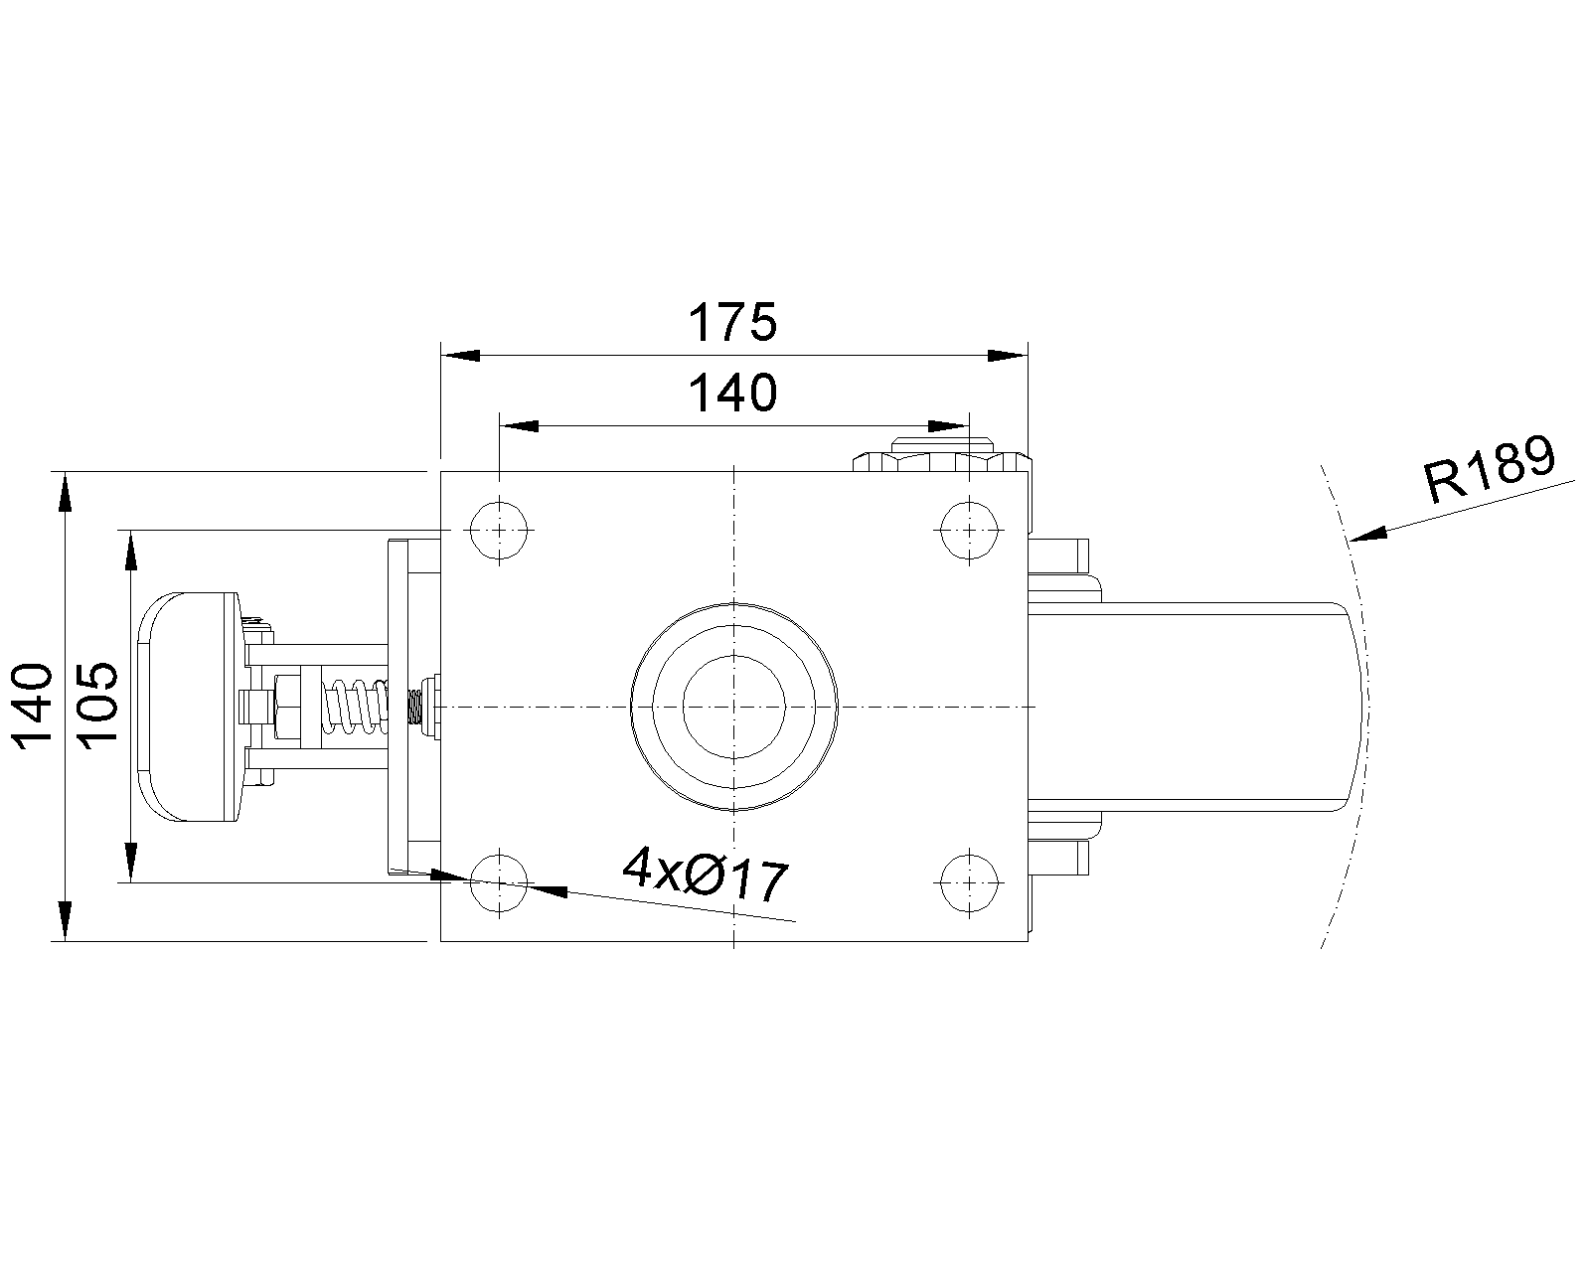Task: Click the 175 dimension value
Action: pyautogui.click(x=732, y=322)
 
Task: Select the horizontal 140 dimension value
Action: pyautogui.click(x=732, y=393)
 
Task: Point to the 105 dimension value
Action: pyautogui.click(x=97, y=707)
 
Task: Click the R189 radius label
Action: pyautogui.click(x=1490, y=470)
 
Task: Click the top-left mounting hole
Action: pyautogui.click(x=500, y=530)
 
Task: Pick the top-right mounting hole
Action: pyautogui.click(x=969, y=530)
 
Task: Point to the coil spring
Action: pyautogui.click(x=355, y=708)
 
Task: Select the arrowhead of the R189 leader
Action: pyautogui.click(x=1366, y=534)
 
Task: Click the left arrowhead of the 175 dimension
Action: pyautogui.click(x=460, y=356)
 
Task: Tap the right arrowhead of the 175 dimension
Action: pyautogui.click(x=1008, y=356)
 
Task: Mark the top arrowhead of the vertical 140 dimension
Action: pyautogui.click(x=65, y=492)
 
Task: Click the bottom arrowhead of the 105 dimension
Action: pyautogui.click(x=131, y=863)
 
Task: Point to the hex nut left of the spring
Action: pyautogui.click(x=286, y=708)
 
